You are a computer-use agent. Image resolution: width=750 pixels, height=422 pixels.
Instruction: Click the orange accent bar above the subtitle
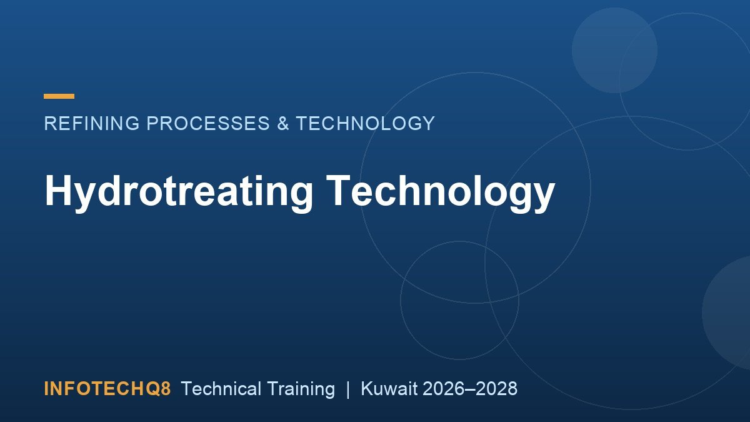[59, 96]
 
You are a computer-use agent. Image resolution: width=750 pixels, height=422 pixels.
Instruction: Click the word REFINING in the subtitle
[92, 123]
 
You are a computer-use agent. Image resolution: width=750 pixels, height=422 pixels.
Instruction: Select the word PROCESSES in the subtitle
[208, 123]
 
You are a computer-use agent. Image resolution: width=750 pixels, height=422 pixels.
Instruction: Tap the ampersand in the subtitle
[283, 123]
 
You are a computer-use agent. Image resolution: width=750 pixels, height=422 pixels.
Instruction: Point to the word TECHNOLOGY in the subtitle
[365, 123]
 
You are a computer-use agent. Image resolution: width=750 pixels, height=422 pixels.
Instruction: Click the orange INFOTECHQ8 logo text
[107, 388]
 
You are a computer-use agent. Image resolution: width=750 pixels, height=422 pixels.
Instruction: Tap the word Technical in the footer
[221, 388]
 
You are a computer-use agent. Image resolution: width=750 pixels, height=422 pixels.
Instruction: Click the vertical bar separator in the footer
[348, 389]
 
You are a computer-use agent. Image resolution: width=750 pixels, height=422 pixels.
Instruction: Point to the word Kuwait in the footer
[389, 388]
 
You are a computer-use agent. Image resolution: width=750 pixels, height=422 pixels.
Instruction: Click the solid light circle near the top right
[614, 50]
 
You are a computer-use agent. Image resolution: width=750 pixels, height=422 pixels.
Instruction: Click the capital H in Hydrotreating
[58, 190]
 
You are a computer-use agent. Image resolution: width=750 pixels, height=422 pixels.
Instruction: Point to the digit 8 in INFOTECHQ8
[166, 389]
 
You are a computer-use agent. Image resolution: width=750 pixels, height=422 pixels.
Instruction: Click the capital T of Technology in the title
[339, 190]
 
